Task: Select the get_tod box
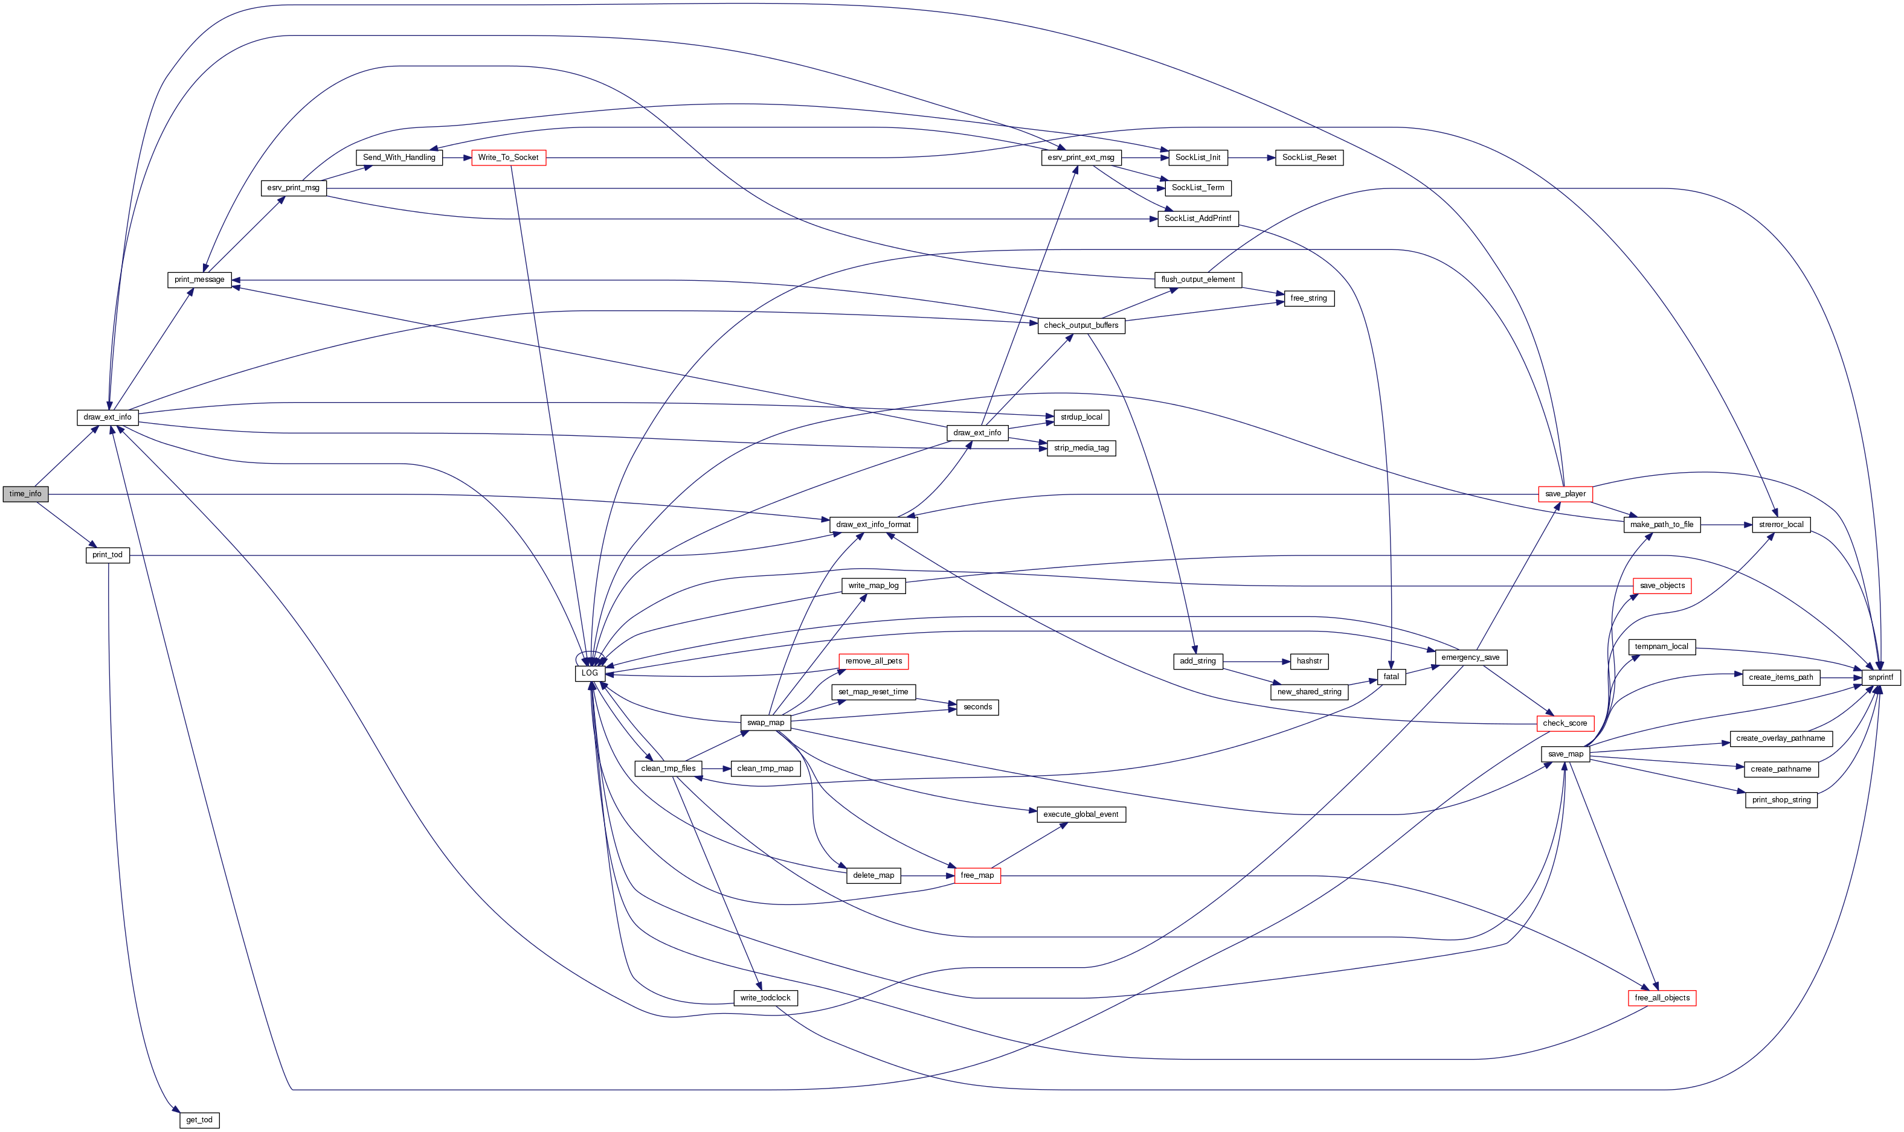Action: (199, 1120)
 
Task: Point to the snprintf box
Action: (1880, 677)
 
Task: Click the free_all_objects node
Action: (1661, 998)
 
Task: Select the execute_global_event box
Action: (1080, 814)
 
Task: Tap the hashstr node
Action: (1309, 661)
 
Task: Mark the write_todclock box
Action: (765, 998)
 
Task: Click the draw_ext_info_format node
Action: (873, 525)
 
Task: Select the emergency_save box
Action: (1470, 657)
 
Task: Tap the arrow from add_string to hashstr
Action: (1256, 661)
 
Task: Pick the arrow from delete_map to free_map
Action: (927, 875)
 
